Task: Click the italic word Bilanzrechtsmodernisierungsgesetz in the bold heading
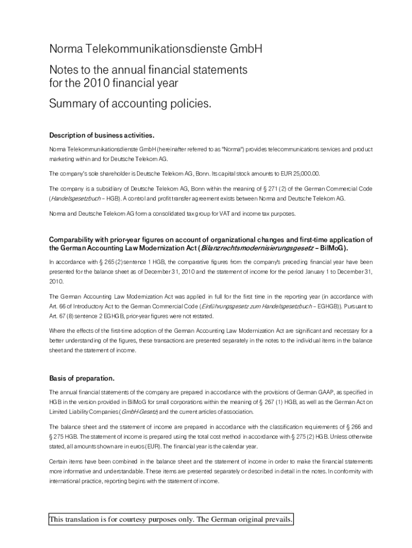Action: tap(257, 248)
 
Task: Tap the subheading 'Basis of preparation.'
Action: tap(82, 379)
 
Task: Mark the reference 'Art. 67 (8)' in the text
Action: tap(63, 316)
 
